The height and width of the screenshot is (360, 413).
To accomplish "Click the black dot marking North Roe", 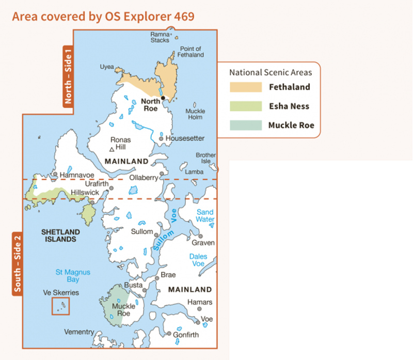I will [x=163, y=98].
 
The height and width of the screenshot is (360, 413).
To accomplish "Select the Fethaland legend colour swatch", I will [x=245, y=87].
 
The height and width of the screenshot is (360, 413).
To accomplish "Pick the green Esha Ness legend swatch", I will [x=245, y=106].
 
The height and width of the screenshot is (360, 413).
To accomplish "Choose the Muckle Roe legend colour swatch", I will [x=245, y=126].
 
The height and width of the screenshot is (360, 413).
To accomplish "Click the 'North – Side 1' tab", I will [x=68, y=76].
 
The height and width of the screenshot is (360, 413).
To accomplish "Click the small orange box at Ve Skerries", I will [x=60, y=306].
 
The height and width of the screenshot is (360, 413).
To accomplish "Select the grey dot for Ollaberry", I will [x=162, y=174].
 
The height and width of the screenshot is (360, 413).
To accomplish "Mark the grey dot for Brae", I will [x=157, y=278].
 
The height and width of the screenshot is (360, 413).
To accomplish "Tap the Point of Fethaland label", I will [x=190, y=52].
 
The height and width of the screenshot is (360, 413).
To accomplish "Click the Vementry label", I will [x=79, y=332].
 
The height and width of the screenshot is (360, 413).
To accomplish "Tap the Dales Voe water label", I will [x=198, y=260].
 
